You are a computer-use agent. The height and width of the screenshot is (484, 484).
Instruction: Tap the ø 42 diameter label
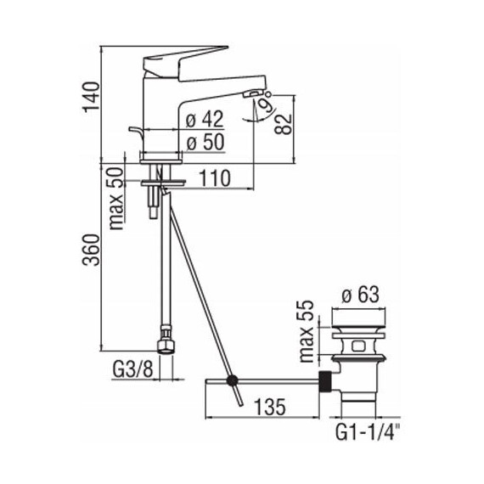(204, 120)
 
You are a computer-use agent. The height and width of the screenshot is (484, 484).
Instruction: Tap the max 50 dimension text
(115, 198)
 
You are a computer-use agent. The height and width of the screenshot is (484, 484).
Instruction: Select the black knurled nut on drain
(325, 380)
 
